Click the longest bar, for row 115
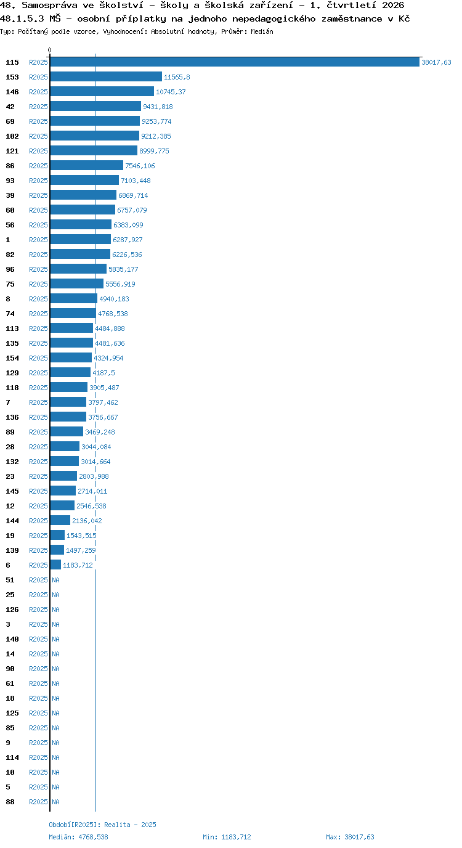point(235,62)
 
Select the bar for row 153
point(106,77)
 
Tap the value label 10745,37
point(171,92)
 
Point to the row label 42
point(10,107)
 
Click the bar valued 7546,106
point(87,165)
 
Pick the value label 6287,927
point(128,240)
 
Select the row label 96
point(10,269)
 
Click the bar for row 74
point(73,314)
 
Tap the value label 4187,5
point(103,373)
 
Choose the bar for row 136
point(68,417)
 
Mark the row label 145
point(12,491)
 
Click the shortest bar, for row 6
point(55,565)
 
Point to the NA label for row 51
point(55,580)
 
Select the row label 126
point(12,609)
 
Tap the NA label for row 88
point(55,802)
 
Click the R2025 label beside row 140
point(38,639)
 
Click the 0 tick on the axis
point(49,50)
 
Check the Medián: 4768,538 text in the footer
point(78,837)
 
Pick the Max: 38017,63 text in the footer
point(350,837)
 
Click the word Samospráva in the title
point(49,6)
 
